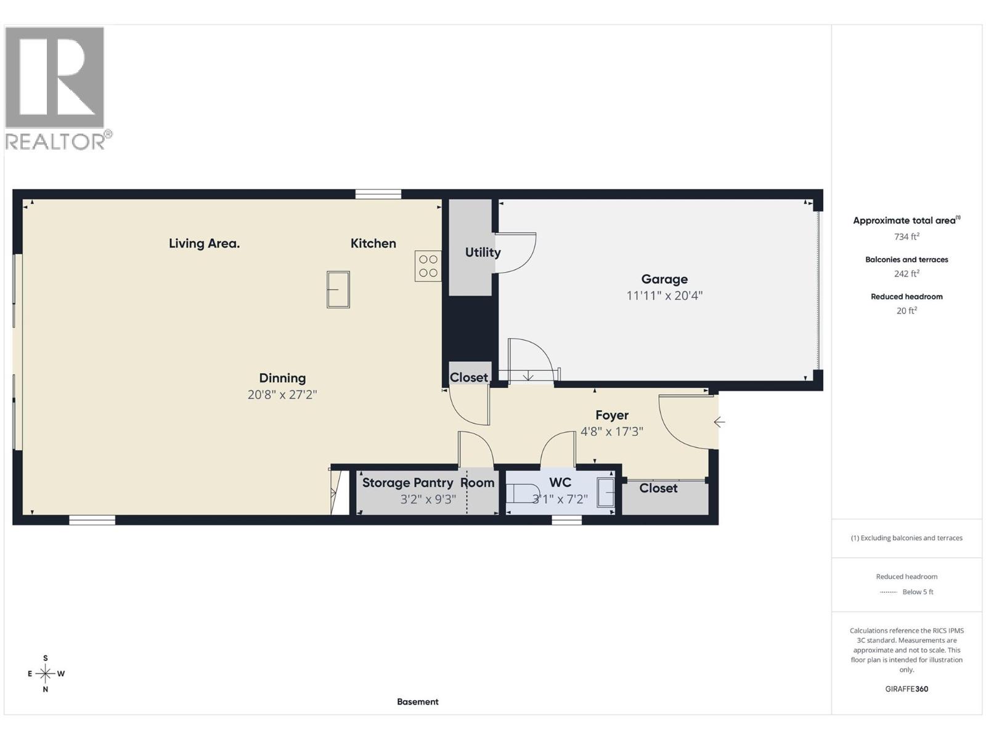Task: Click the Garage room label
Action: tap(664, 279)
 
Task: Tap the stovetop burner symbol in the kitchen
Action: tap(428, 266)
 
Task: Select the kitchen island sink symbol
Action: tap(338, 289)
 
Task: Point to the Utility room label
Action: tap(483, 252)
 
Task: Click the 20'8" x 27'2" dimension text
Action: tap(282, 395)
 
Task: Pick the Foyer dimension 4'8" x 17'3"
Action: tap(611, 432)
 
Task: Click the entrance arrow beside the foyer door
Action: tap(719, 422)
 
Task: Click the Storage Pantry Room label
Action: tap(428, 483)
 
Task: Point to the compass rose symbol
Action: tap(46, 674)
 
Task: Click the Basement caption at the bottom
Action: tap(417, 701)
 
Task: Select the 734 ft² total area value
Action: tap(907, 236)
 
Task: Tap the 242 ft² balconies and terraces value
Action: tap(907, 274)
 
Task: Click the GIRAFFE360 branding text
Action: tap(907, 689)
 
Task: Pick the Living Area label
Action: tap(204, 243)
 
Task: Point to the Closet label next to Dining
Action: tap(468, 378)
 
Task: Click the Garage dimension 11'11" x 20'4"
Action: tap(664, 296)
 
